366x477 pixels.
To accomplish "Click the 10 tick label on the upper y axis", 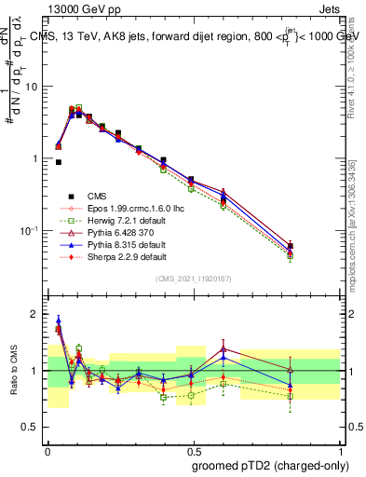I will point(32,87).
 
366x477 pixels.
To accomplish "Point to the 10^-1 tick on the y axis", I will point(30,230).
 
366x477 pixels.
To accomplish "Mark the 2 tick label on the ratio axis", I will point(36,314).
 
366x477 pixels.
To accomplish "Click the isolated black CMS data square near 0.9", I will point(59,162).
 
